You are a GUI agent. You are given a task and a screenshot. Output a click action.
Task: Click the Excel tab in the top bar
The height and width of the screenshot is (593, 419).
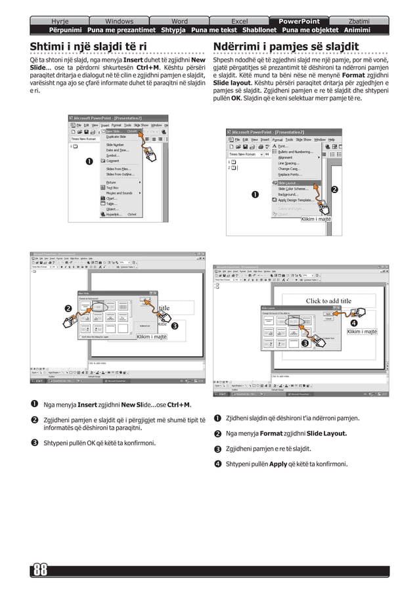pyautogui.click(x=240, y=21)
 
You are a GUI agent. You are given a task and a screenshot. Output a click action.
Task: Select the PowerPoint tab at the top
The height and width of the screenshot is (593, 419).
pyautogui.click(x=299, y=21)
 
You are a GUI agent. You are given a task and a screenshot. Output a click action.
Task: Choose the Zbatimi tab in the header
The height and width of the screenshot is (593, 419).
pyautogui.click(x=358, y=21)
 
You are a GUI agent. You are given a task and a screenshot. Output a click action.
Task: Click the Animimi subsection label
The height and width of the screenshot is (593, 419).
pyautogui.click(x=357, y=30)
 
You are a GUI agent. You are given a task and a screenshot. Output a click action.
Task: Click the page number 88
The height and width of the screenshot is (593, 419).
pyautogui.click(x=41, y=569)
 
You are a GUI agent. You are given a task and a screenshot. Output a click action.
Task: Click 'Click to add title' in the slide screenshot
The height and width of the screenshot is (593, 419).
pyautogui.click(x=328, y=301)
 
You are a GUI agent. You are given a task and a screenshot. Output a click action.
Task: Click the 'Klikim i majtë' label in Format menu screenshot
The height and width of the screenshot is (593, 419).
pyautogui.click(x=315, y=219)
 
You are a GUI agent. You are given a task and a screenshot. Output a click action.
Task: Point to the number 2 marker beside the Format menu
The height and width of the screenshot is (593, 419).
pyautogui.click(x=334, y=190)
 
